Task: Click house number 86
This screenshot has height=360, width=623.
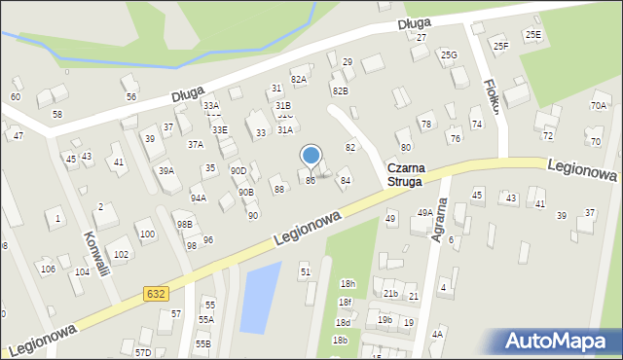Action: click(311, 181)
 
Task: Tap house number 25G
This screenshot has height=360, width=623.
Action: click(449, 55)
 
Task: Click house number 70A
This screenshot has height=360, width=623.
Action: click(598, 105)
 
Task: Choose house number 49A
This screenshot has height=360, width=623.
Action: click(424, 212)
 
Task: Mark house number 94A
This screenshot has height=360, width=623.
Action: click(198, 198)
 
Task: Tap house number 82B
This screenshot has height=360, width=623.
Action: click(340, 90)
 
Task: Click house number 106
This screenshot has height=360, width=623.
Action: click(47, 269)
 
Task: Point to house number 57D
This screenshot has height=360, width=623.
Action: click(143, 352)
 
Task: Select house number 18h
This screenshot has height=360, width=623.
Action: click(348, 283)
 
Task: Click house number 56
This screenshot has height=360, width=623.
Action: click(130, 97)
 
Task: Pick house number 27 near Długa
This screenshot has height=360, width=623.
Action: click(421, 37)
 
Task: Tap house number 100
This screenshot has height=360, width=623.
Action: click(146, 234)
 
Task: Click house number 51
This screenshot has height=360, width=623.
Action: click(305, 271)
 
